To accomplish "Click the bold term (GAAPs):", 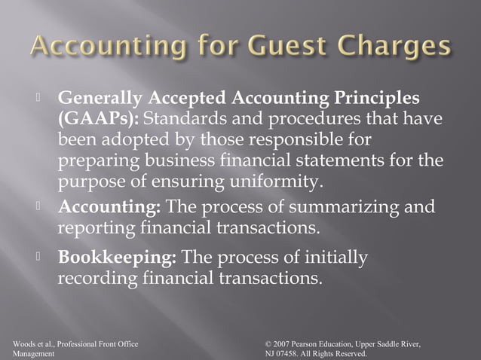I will [x=97, y=119].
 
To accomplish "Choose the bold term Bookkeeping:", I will [x=118, y=258].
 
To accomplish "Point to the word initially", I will [x=331, y=258].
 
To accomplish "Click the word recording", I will [x=97, y=278].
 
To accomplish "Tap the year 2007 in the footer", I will [x=283, y=344].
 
